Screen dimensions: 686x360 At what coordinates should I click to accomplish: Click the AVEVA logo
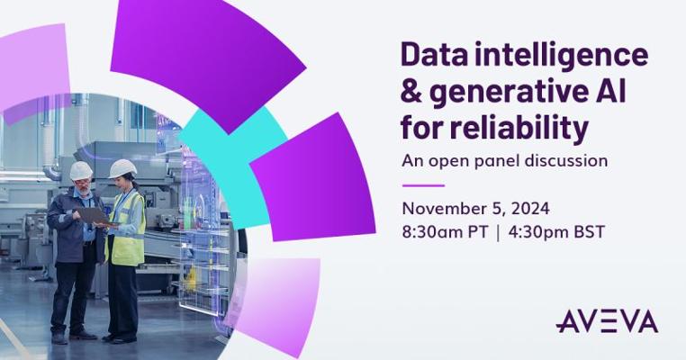(607, 321)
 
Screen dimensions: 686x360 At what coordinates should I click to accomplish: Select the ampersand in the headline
(411, 92)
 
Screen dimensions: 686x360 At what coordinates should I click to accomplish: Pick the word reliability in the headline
(519, 128)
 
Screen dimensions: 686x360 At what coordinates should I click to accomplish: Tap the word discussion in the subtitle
(565, 160)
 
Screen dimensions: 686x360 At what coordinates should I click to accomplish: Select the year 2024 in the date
(530, 209)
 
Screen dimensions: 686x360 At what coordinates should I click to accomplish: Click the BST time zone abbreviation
(589, 232)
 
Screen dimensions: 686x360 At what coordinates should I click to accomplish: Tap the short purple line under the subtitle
(423, 185)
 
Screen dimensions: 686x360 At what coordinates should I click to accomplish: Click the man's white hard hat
(81, 171)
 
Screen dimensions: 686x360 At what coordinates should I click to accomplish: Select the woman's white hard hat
(122, 168)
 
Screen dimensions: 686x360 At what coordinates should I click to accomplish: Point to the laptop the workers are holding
(94, 216)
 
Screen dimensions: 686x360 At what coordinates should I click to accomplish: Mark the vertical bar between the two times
(499, 233)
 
